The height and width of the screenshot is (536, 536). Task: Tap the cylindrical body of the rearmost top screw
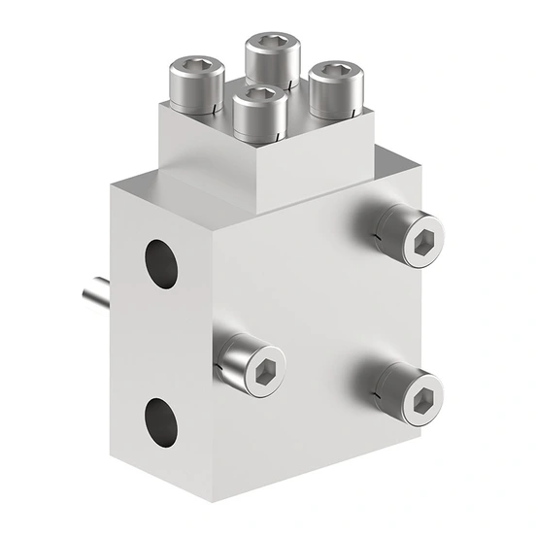[x=271, y=63]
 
